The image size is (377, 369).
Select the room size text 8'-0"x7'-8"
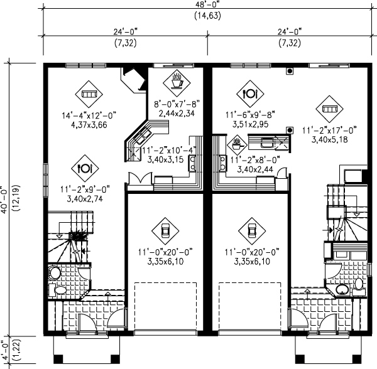tap(177, 105)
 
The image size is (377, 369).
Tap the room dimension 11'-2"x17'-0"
tap(329, 130)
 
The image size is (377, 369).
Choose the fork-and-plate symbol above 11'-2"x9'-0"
tap(84, 168)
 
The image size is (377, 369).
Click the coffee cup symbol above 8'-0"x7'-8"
tap(177, 82)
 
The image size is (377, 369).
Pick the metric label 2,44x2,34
tap(177, 114)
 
